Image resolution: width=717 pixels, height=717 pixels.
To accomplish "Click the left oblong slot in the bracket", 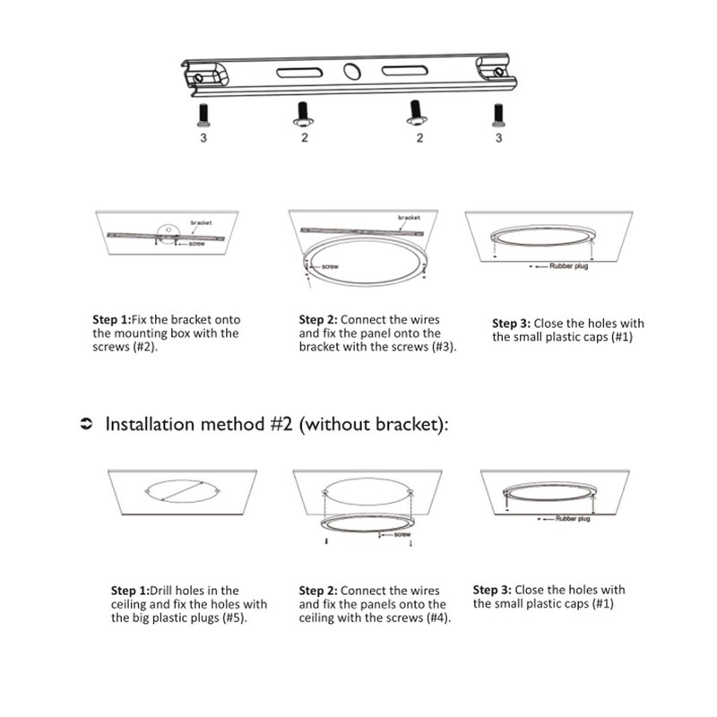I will pos(300,73).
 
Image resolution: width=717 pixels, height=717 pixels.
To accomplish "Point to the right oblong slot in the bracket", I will pos(406,72).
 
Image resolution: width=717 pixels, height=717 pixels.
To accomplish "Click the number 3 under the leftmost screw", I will pos(203,138).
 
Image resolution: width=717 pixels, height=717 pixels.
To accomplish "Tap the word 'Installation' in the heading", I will pos(153,424).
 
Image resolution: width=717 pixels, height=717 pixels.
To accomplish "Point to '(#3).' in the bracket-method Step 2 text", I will pos(440,346).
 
